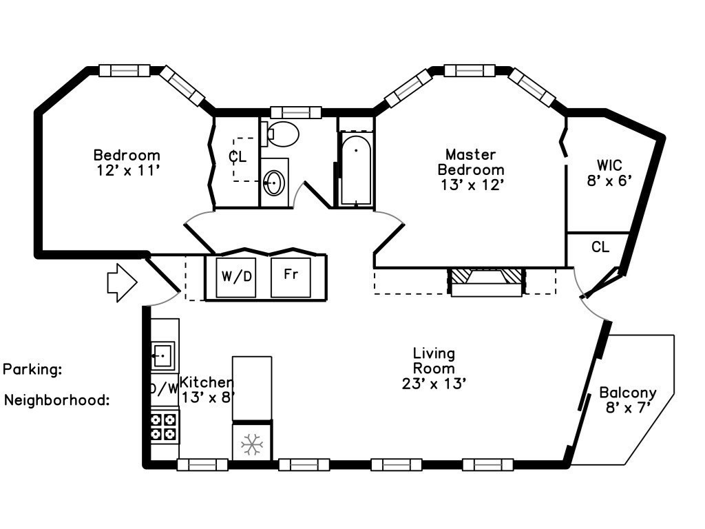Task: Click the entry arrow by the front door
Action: coord(122,282)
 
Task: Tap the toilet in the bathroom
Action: coord(281,134)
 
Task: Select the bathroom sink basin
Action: coord(274,183)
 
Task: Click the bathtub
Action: coord(356,169)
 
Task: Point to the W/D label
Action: coord(237,276)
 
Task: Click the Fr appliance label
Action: coord(291,273)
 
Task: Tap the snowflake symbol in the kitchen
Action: coord(252,445)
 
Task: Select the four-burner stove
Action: coord(164,427)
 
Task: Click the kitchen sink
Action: coord(162,355)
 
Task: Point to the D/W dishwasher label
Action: coord(164,388)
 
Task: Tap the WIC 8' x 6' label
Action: coord(610,173)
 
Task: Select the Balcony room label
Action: coord(628,393)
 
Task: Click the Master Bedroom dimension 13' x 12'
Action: coord(471,185)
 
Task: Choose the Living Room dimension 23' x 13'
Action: coord(434,384)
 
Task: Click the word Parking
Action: coord(32,370)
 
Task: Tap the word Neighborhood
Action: coord(57,400)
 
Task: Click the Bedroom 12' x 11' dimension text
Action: coord(128,171)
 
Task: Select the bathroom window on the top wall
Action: coord(296,112)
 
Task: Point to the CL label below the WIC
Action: coord(600,247)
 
